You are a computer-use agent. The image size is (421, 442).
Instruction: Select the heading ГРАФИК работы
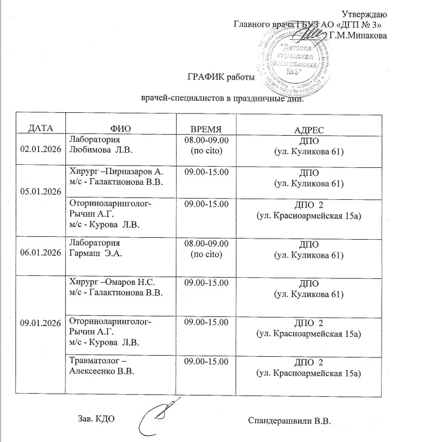click(218, 77)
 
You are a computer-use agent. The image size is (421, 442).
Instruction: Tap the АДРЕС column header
click(309, 129)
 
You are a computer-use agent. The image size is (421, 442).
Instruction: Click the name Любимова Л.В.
click(102, 149)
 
